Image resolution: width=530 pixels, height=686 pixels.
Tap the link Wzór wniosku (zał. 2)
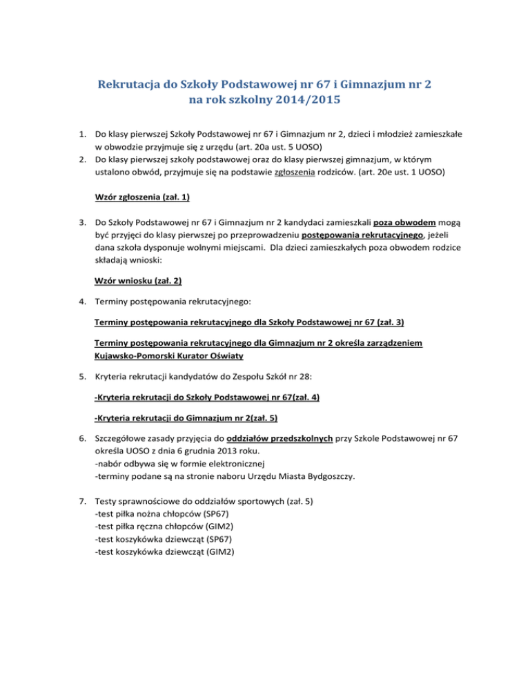pyautogui.click(x=137, y=281)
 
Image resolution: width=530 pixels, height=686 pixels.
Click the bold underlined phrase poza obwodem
pyautogui.click(x=404, y=224)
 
